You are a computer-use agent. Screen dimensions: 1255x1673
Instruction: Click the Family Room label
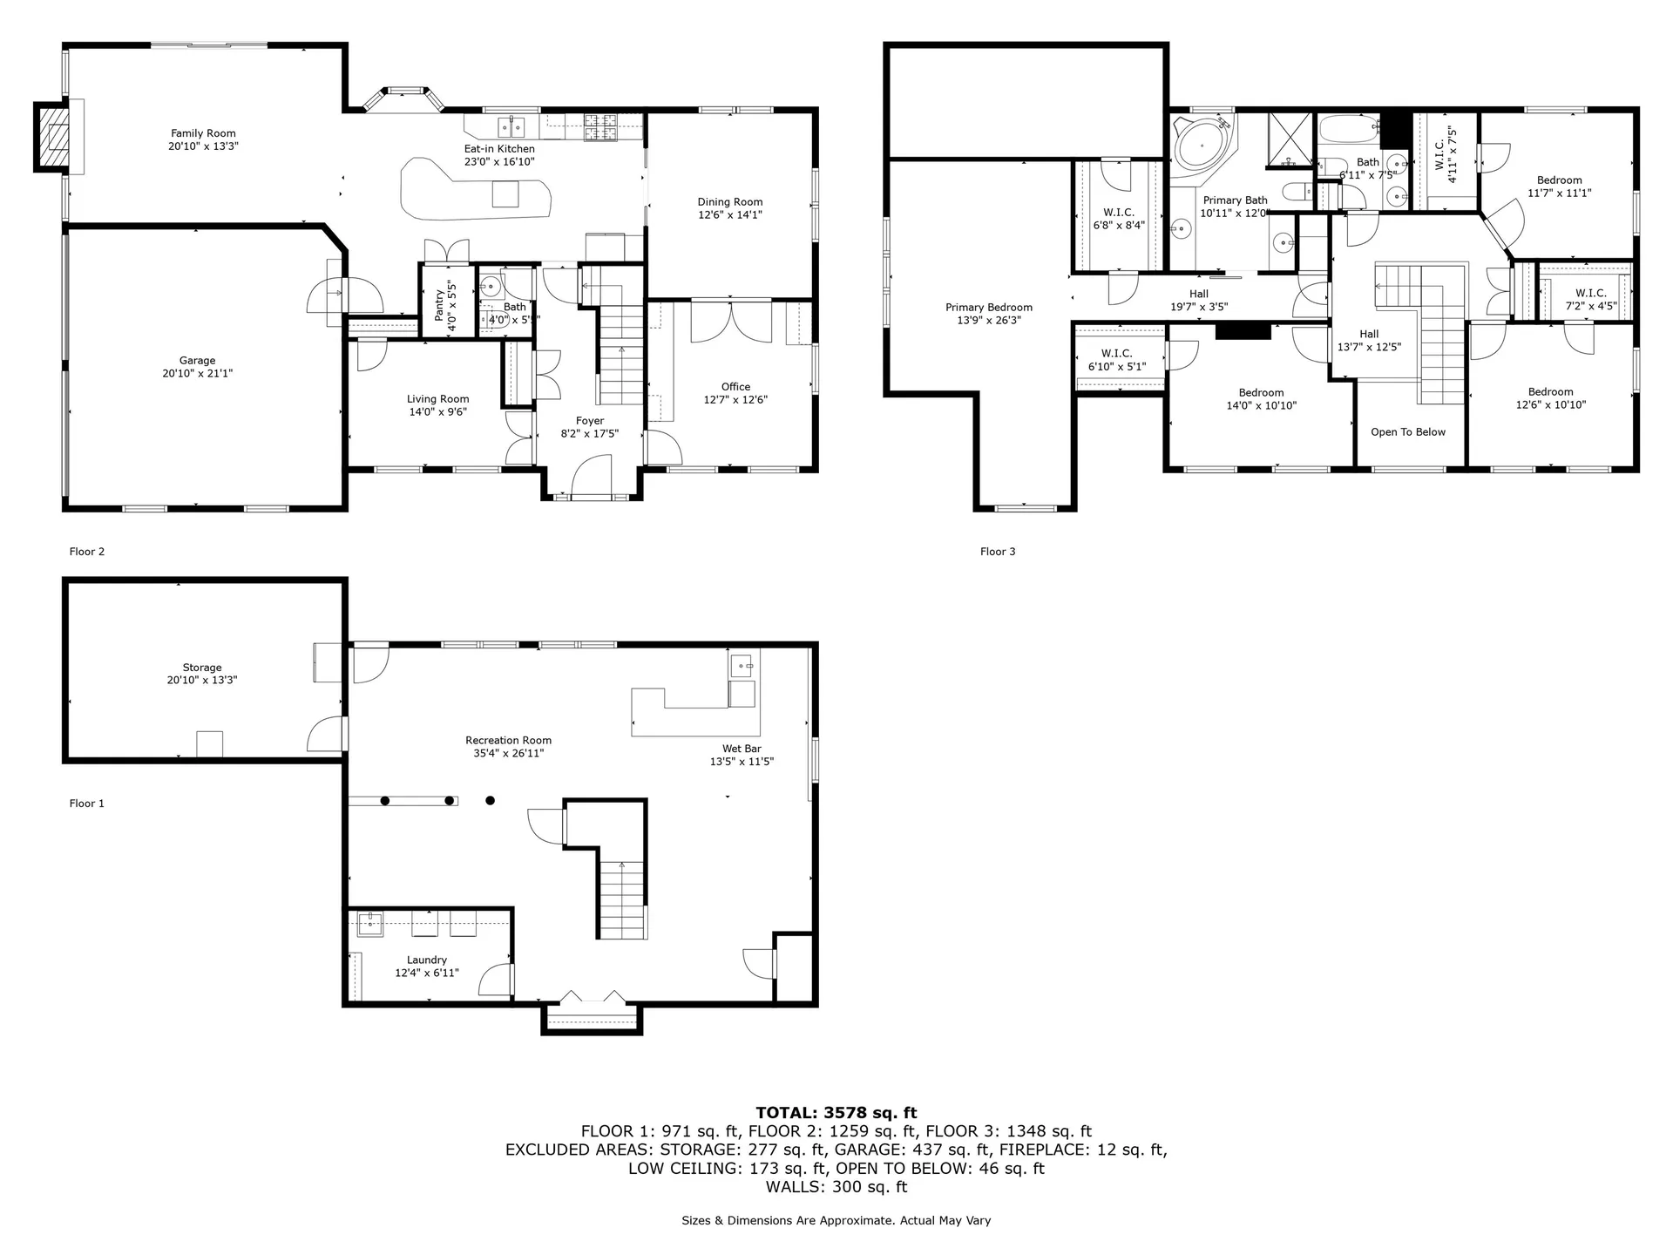[x=203, y=133]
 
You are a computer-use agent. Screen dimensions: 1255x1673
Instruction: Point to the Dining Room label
[x=729, y=201]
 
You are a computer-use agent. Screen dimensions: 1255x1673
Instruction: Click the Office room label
[x=735, y=386]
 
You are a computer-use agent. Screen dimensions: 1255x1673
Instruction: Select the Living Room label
[x=437, y=398]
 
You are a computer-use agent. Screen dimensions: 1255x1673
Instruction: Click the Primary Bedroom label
[x=988, y=307]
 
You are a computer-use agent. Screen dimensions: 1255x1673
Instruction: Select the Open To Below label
[x=1407, y=431]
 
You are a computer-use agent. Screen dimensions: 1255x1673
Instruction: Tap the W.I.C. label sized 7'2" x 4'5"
[x=1590, y=293]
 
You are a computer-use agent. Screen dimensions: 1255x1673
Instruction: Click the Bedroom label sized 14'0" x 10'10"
[x=1261, y=392]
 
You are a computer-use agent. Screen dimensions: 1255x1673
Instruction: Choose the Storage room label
[x=202, y=667]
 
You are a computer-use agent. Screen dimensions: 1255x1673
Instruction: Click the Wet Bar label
[x=742, y=748]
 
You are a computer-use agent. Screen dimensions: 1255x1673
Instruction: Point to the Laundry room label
[x=426, y=960]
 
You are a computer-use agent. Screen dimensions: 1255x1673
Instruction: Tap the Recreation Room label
[x=508, y=740]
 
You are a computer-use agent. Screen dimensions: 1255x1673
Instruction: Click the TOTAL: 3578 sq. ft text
[x=836, y=1112]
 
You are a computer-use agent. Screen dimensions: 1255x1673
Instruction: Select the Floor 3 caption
[x=998, y=551]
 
